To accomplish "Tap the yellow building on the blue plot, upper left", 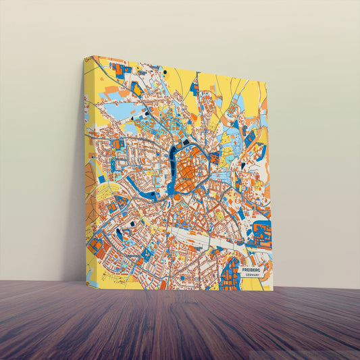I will [x=138, y=88].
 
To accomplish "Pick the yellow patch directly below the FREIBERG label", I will [x=251, y=284].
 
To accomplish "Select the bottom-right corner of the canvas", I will [x=273, y=291].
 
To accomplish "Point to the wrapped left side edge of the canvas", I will [x=87, y=169].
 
